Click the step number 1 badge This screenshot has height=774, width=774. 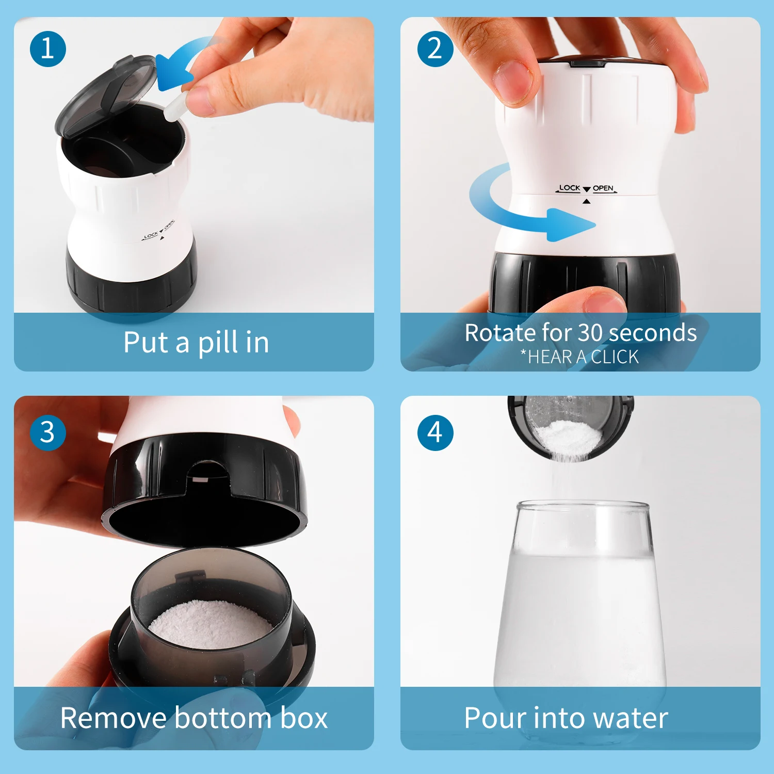pos(48,49)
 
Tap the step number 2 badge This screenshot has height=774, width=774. pos(435,49)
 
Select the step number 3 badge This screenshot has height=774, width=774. pos(48,432)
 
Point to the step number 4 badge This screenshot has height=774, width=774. pos(435,432)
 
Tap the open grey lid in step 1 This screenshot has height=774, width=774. pos(106,95)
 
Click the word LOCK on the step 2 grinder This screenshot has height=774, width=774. pos(570,188)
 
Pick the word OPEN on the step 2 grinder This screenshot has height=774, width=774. pos(603,188)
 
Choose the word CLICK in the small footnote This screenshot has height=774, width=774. pos(615,357)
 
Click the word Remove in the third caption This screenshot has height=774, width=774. pos(114,718)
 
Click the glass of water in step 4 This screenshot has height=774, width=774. pos(580,614)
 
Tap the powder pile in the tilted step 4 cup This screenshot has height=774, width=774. pos(568,439)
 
